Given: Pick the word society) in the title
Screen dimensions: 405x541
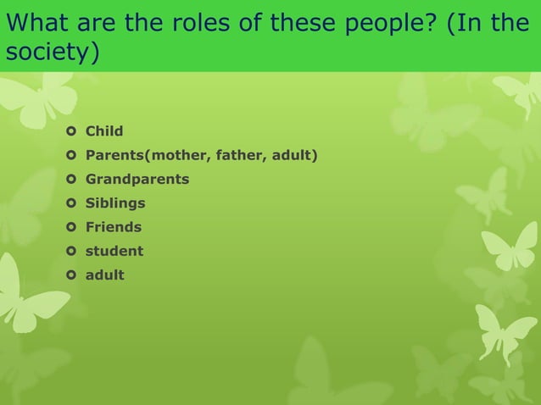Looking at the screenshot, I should point(52,53).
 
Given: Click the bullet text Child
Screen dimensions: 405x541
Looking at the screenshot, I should point(104,131).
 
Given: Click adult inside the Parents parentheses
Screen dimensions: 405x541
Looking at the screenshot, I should point(294,155).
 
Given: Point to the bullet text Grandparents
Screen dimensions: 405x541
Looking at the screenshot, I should point(137,180).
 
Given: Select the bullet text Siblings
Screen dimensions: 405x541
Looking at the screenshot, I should point(114,203).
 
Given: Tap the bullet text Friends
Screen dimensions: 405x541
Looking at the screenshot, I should point(113,227).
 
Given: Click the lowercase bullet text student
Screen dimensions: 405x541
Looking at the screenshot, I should point(114,251).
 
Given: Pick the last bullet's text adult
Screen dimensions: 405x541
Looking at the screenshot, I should point(104,275).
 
